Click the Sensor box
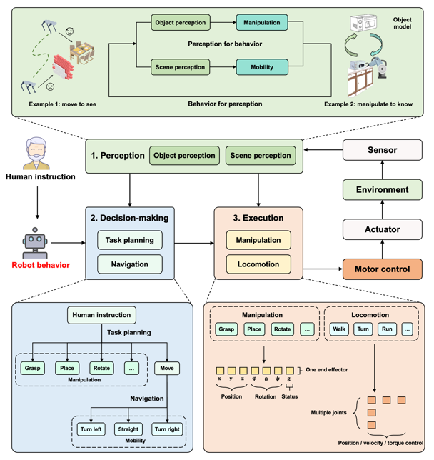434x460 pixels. (383, 151)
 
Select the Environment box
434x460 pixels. (383, 190)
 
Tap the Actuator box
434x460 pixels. (383, 229)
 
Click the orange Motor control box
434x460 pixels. (383, 270)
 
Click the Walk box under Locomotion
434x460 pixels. (340, 329)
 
